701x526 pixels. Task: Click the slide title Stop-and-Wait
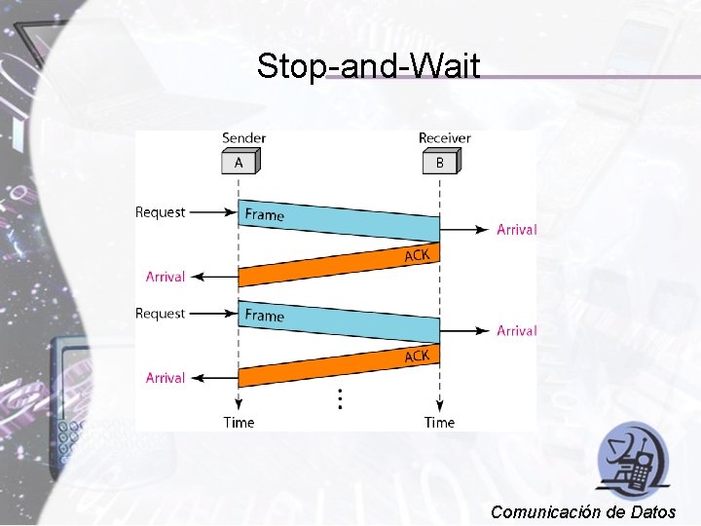coord(368,66)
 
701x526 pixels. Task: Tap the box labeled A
coord(239,163)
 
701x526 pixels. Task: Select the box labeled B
coord(439,163)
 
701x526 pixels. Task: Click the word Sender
coord(243,138)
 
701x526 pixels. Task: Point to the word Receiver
coord(444,138)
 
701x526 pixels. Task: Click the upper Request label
coord(160,212)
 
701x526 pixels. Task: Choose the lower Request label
coord(160,314)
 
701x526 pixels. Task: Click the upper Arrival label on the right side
coord(516,230)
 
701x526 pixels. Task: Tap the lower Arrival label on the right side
coord(516,331)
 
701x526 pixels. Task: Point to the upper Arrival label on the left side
coord(166,277)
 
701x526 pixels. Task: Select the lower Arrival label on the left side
coord(166,378)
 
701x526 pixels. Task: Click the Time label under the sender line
coord(239,422)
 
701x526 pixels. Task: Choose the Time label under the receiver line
coord(439,422)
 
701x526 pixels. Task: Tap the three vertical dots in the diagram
coord(339,397)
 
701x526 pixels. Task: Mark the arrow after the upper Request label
coord(212,212)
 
